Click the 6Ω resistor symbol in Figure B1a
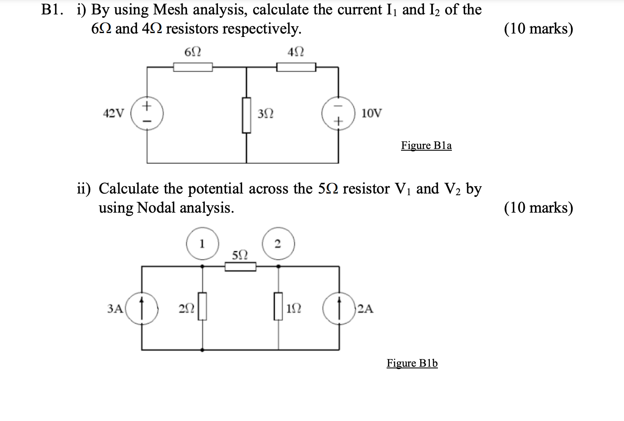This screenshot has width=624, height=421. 193,67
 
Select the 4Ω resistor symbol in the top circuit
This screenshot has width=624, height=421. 296,67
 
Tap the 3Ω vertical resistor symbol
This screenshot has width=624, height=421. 246,115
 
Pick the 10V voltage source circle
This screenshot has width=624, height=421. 338,113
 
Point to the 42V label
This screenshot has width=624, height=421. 114,113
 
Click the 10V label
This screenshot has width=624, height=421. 371,113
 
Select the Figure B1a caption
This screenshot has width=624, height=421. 426,146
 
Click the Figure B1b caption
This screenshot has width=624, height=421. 412,363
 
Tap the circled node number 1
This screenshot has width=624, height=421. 202,244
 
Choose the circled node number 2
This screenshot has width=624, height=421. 278,244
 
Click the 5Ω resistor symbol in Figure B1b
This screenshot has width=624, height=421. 240,267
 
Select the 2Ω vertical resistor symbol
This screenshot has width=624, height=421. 202,306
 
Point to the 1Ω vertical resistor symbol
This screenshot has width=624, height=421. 278,306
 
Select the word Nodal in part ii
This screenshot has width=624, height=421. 156,208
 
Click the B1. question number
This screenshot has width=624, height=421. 53,9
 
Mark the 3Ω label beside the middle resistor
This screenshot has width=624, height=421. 266,114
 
